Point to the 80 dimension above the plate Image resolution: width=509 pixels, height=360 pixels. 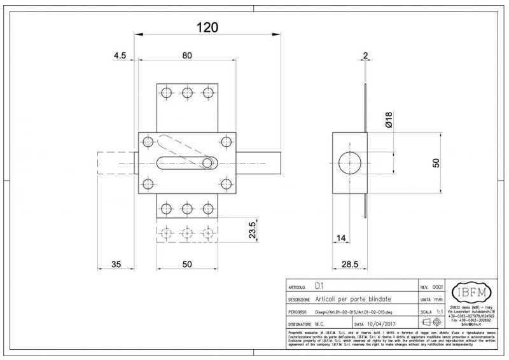(x=186, y=56)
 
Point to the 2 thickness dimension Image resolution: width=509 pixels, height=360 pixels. (x=365, y=55)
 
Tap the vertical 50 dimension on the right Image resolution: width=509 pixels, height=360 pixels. (x=436, y=163)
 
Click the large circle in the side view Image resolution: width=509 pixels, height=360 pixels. (x=349, y=163)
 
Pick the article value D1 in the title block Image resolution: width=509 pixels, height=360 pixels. (x=319, y=286)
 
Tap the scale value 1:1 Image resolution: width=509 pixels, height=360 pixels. (x=438, y=312)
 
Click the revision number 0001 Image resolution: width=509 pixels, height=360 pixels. (x=438, y=287)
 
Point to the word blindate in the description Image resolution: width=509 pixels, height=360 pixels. (x=378, y=299)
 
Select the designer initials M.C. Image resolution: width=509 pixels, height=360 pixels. (x=321, y=324)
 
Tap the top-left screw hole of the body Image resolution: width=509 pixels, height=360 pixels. (x=148, y=141)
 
